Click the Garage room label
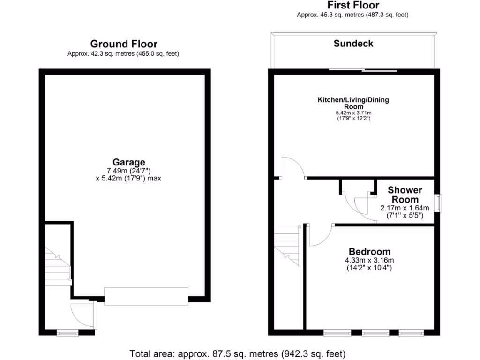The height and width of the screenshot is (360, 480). [128, 163]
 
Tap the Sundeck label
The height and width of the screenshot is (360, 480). [353, 44]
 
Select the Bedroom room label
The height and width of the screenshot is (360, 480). [369, 252]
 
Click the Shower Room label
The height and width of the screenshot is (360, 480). [405, 195]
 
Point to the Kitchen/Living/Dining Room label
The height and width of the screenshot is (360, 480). [353, 103]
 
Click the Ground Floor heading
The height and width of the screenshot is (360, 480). [124, 44]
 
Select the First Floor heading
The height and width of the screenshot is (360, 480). [353, 6]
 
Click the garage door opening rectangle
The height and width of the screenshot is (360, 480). [146, 296]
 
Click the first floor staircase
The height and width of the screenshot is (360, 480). [287, 244]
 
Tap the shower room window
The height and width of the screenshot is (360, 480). [438, 203]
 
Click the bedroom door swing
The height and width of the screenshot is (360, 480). [320, 234]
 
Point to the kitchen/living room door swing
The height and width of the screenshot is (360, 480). [293, 168]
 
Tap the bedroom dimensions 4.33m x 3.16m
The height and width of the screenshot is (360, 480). [369, 261]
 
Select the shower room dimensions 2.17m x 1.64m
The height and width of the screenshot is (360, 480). [405, 208]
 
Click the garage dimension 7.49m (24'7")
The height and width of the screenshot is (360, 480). [128, 171]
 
